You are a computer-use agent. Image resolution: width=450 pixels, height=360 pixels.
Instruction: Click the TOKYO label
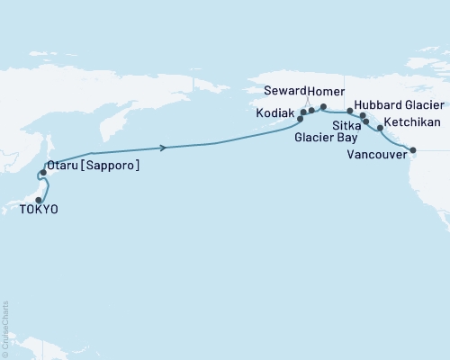tap(39, 209)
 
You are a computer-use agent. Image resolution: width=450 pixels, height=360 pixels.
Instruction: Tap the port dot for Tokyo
tap(39, 200)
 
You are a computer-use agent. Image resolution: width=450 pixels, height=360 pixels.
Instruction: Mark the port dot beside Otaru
tap(43, 172)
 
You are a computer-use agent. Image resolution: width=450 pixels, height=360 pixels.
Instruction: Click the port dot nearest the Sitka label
tap(366, 121)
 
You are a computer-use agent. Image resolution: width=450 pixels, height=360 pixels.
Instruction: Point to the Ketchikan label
tap(410, 121)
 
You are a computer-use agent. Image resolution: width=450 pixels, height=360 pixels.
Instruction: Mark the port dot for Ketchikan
tap(380, 129)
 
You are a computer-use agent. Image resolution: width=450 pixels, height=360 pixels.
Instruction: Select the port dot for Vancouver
tap(413, 150)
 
